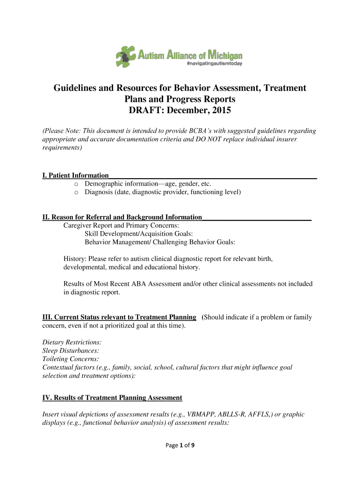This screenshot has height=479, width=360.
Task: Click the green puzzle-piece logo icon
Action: (126, 56)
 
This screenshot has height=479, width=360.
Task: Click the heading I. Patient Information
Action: (75, 175)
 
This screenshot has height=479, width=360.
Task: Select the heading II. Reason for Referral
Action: (122, 217)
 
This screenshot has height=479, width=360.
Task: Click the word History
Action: (75, 259)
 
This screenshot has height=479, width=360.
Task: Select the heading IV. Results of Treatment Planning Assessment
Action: (112, 398)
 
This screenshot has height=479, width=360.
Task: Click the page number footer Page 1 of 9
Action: (180, 445)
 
